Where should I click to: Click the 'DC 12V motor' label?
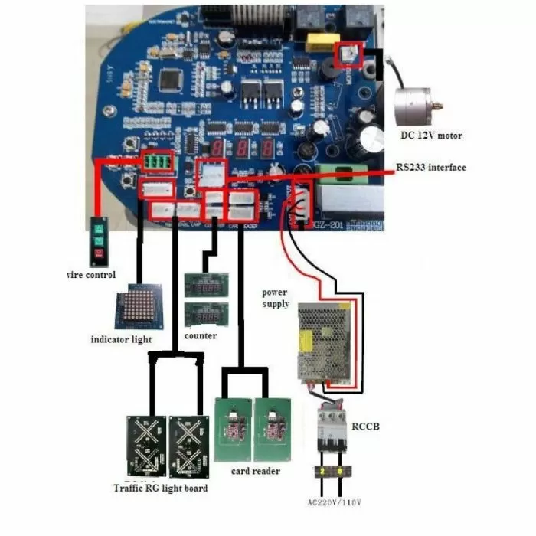[431, 136]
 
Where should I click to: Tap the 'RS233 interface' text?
[430, 168]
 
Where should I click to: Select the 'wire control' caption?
[91, 275]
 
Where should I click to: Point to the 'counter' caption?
[201, 335]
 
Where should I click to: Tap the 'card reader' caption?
[255, 471]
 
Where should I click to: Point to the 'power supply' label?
[276, 298]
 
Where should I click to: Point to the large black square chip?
[173, 79]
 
